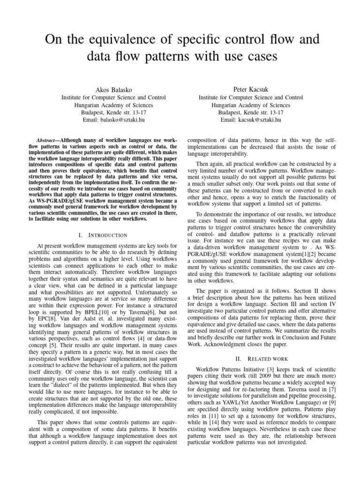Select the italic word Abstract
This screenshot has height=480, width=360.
coord(46,141)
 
